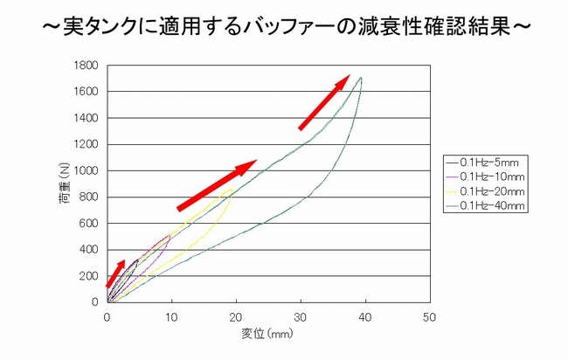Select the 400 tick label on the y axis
(88, 249)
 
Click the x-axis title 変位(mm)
(267, 333)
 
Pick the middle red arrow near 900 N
(217, 184)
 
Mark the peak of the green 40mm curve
(360, 78)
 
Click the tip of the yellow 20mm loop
(234, 188)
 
